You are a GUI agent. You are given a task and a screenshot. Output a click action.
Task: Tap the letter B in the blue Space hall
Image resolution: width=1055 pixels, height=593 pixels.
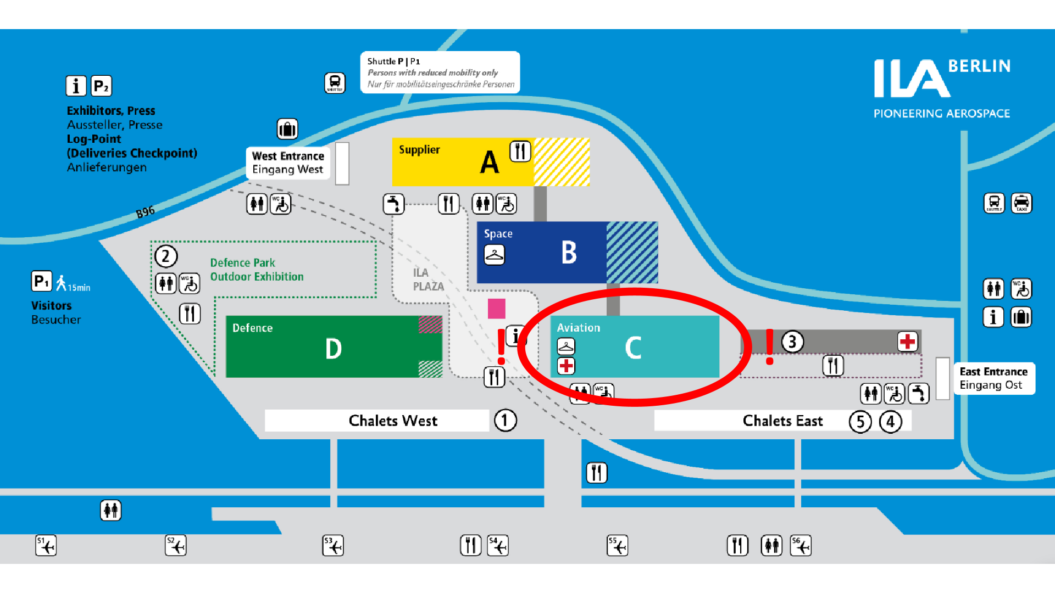(569, 253)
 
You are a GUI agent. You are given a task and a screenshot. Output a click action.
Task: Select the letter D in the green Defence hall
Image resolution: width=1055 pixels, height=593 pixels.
(333, 349)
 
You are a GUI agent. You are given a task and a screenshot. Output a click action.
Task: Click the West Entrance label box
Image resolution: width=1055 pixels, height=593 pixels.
(288, 163)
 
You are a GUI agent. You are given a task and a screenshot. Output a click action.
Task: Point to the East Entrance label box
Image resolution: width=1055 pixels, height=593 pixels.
(993, 378)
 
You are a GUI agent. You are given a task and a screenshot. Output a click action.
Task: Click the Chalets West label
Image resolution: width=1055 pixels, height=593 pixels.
(393, 421)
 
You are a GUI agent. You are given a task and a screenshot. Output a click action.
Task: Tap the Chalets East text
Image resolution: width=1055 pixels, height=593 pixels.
(782, 421)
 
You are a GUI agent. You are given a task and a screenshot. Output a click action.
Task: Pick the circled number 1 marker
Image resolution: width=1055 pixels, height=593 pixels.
(505, 421)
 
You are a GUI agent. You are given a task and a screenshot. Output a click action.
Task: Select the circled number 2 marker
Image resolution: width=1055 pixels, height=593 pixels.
(165, 256)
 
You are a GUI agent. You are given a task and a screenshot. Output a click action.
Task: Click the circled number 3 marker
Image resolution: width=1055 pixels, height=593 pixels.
(792, 342)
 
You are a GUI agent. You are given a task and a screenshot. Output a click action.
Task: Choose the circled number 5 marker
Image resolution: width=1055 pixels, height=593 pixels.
(860, 422)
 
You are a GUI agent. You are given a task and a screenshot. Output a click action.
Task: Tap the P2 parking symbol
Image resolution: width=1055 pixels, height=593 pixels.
(101, 86)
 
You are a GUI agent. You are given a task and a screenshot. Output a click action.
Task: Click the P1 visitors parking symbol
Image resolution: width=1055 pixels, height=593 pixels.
(41, 282)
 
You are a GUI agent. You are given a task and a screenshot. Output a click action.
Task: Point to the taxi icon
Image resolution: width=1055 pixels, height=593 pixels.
(1021, 203)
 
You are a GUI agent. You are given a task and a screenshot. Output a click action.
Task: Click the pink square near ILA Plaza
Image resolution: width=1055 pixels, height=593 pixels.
(496, 308)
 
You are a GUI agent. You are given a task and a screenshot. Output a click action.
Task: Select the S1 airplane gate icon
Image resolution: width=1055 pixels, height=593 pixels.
(46, 546)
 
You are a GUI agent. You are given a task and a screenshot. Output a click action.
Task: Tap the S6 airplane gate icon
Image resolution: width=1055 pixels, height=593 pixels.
(801, 546)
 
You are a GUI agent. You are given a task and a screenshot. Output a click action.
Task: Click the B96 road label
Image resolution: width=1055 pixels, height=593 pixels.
(146, 211)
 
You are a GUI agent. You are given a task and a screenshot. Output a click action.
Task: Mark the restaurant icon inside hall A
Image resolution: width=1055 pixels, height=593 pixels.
(520, 151)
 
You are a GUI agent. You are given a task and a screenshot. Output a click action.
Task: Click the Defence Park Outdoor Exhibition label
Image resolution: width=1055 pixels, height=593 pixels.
(257, 270)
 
